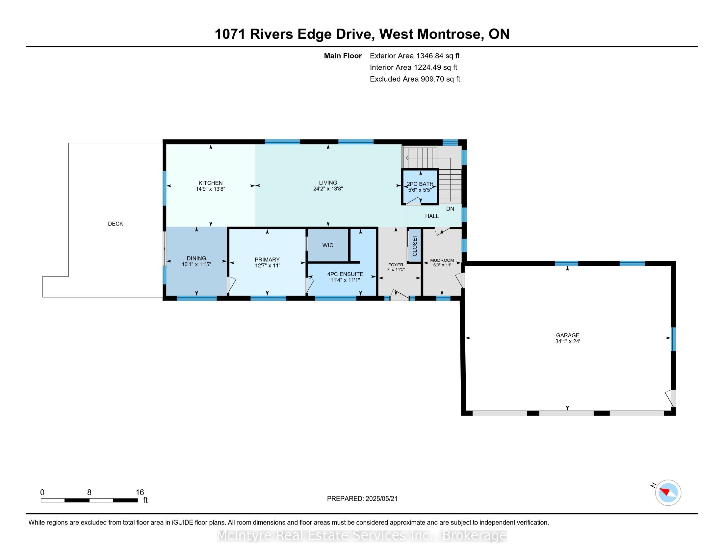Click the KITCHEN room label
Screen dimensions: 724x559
(211, 183)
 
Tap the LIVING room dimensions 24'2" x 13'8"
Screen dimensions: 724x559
(328, 189)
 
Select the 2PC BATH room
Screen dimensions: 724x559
(420, 187)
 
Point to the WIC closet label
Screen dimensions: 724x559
(328, 245)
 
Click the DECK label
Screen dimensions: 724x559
(116, 224)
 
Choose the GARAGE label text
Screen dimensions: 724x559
(568, 335)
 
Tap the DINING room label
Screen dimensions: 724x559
(196, 258)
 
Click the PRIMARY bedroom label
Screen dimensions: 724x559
(267, 260)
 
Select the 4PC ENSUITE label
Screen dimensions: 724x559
(345, 274)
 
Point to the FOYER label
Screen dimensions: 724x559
(396, 265)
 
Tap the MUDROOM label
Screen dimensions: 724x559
(442, 260)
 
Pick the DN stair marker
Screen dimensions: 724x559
(450, 209)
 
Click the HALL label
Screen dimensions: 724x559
(432, 216)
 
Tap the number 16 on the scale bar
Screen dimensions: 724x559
(140, 493)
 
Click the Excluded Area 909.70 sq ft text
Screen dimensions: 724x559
(415, 79)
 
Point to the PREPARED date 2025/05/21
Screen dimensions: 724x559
(381, 499)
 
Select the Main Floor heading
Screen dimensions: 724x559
(343, 56)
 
